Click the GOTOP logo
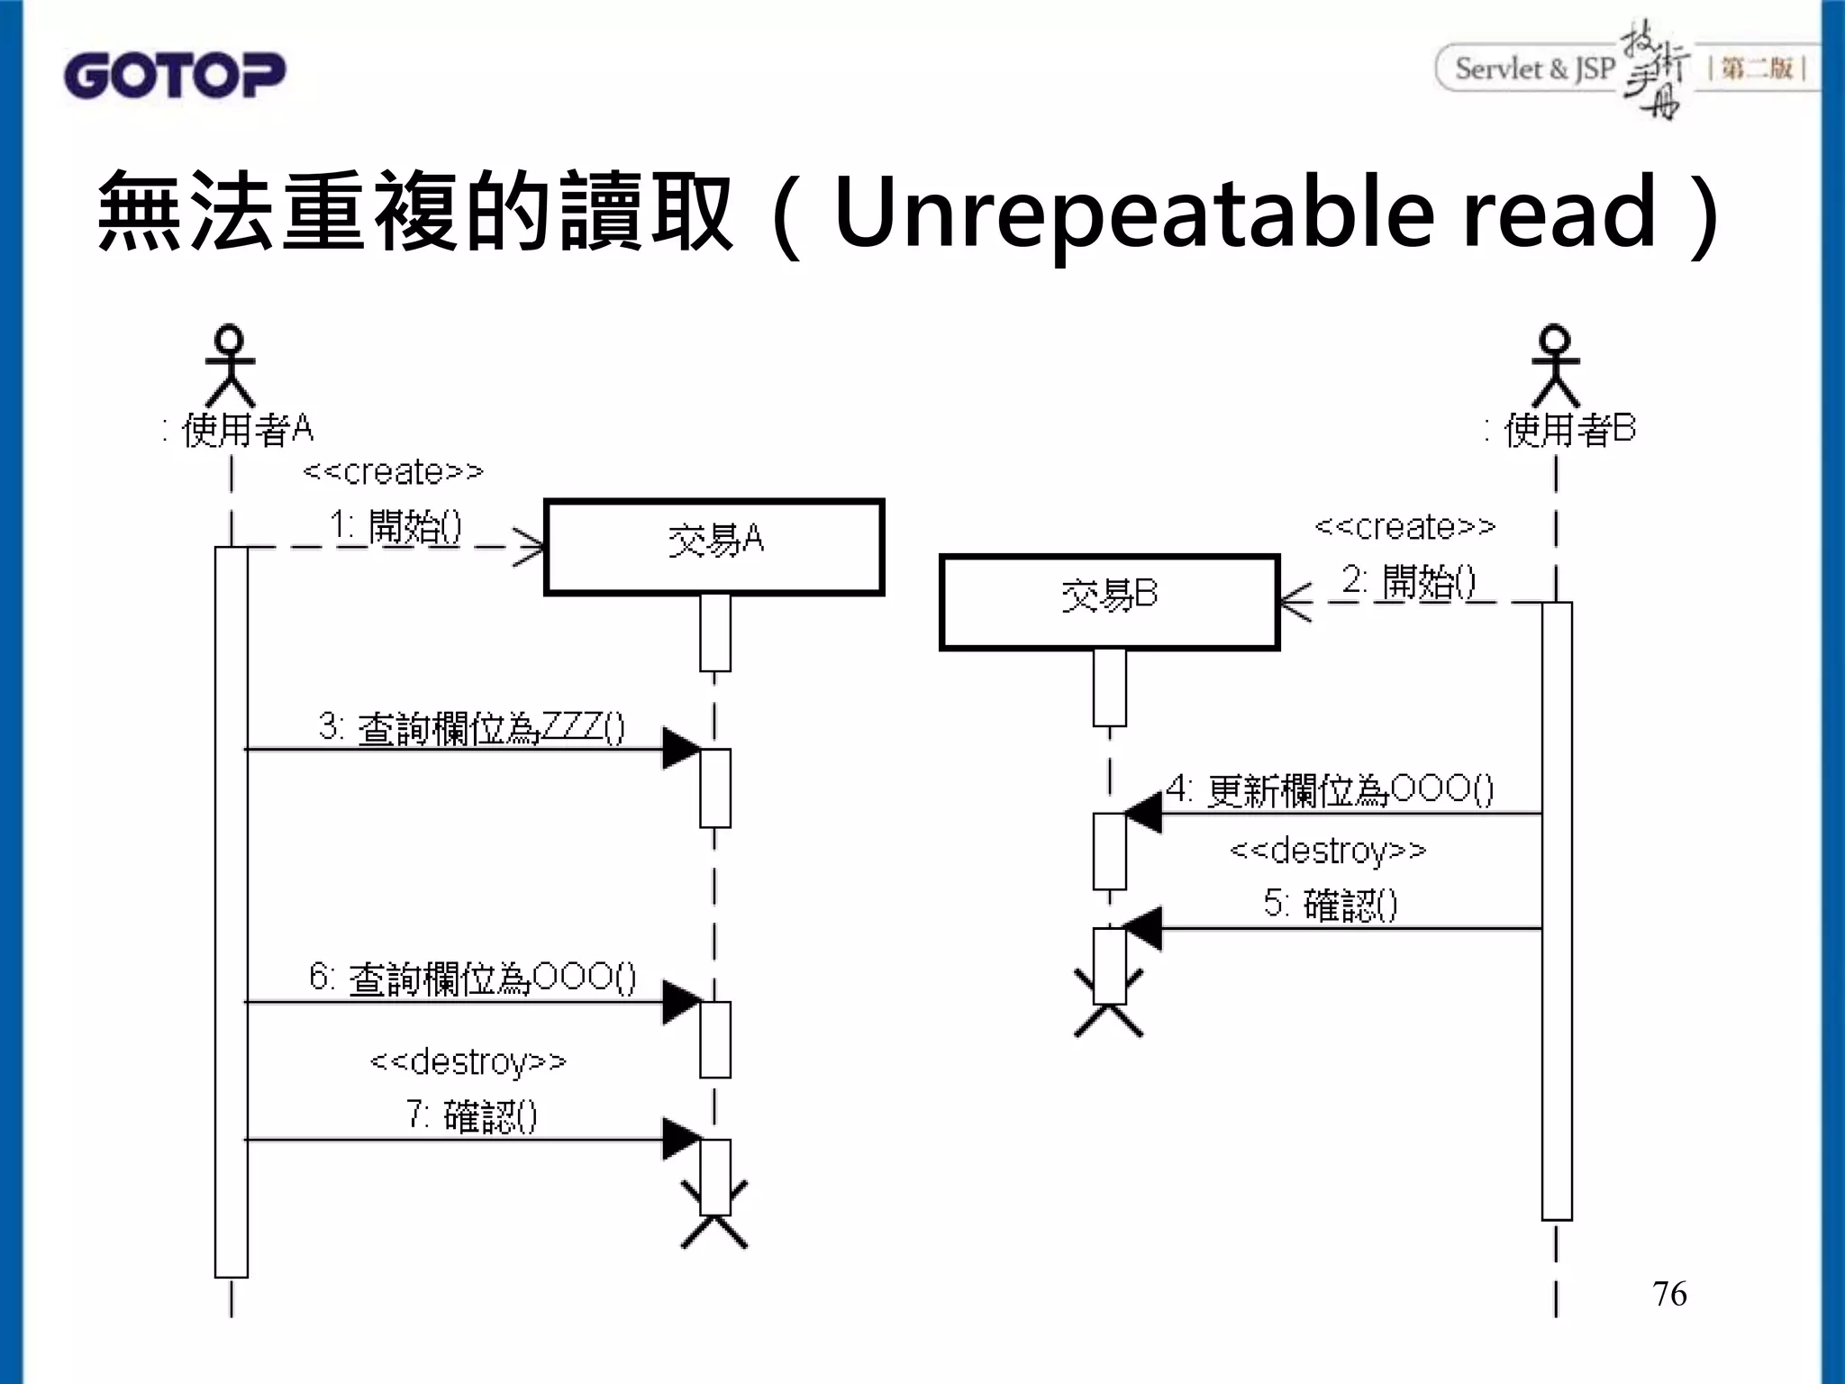[x=174, y=75]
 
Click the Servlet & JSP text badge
[x=1534, y=68]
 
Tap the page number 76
[x=1669, y=1294]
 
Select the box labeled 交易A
[x=714, y=547]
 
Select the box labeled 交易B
[x=1109, y=602]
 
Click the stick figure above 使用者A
[x=231, y=365]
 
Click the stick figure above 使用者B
[x=1556, y=365]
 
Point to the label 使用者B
[x=1568, y=430]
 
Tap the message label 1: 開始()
[x=395, y=525]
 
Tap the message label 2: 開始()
[x=1409, y=581]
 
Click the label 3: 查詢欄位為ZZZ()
[x=471, y=727]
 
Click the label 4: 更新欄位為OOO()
[x=1330, y=790]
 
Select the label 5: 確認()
[x=1330, y=904]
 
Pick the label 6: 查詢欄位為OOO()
[x=472, y=978]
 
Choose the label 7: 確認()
[x=472, y=1116]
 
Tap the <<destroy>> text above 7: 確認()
[x=468, y=1061]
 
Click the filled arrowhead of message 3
[x=681, y=749]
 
